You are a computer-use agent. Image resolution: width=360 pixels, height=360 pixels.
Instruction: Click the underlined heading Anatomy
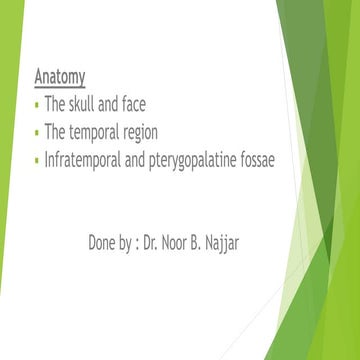59,76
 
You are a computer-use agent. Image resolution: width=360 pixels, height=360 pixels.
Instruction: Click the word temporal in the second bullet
105,131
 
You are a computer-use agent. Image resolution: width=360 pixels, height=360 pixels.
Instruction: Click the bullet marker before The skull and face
37,105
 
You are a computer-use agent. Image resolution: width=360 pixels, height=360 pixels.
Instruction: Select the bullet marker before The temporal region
37,132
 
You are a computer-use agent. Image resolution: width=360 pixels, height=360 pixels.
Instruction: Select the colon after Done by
147,243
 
